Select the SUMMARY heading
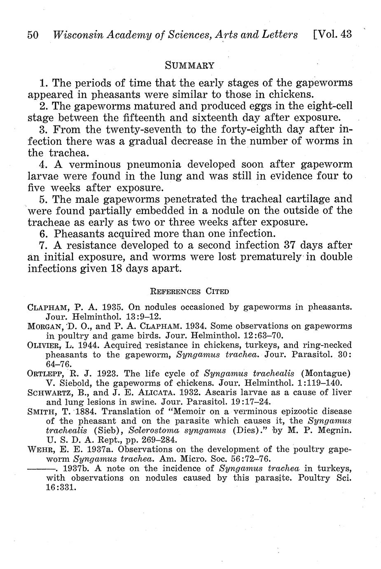point(190,65)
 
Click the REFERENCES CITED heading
point(190,292)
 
